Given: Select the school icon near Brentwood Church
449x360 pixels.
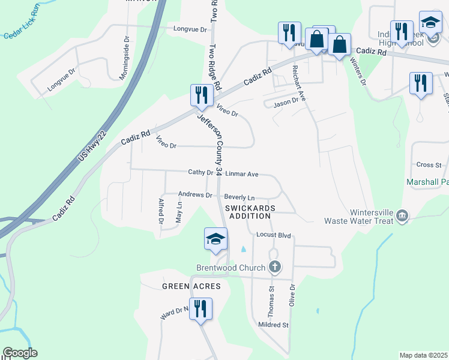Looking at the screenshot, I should (x=216, y=240).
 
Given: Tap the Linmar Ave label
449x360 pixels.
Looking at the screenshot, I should (x=242, y=174).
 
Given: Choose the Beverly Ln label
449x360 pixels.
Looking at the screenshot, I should (x=240, y=197).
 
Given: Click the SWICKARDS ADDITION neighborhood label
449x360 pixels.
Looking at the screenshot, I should (x=250, y=212).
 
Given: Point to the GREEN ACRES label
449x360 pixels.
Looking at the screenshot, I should (x=191, y=286).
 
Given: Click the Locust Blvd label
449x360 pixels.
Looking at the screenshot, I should (x=273, y=235).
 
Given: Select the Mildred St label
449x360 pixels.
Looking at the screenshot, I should (x=273, y=325).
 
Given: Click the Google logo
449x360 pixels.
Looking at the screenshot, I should (x=20, y=353).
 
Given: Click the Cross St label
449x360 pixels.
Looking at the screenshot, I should (x=429, y=164).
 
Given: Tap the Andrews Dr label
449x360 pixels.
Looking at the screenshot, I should (x=196, y=195).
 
